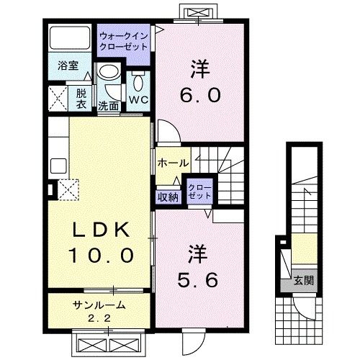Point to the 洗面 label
click(109, 105)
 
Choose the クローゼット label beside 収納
click(199, 191)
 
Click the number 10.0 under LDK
click(101, 254)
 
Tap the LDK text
click(101, 230)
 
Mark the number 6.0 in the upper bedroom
click(199, 94)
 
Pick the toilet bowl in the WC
click(138, 78)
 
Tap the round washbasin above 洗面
click(109, 73)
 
